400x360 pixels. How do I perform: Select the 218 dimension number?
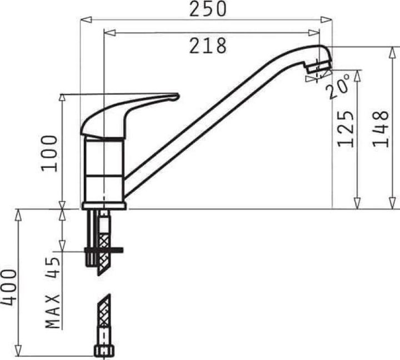[x=207, y=46]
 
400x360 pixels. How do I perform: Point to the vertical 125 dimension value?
[x=346, y=128]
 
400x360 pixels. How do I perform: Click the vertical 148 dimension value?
[x=380, y=128]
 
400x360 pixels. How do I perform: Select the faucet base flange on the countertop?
[x=104, y=206]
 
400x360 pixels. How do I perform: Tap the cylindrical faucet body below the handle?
[x=104, y=169]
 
